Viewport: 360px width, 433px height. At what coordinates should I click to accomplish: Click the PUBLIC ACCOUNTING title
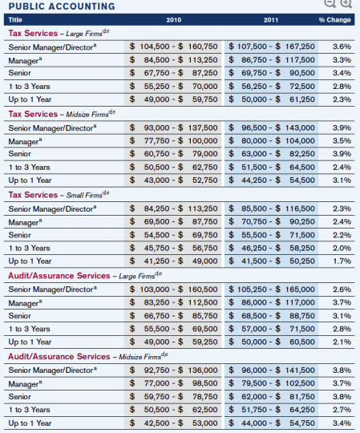[61, 6]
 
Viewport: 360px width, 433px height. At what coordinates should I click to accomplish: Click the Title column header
[15, 19]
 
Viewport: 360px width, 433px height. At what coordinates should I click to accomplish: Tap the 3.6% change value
[341, 47]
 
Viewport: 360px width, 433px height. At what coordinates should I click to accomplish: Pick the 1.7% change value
[341, 261]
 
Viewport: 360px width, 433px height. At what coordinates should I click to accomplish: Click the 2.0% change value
[341, 249]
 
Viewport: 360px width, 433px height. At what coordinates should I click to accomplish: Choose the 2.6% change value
[341, 289]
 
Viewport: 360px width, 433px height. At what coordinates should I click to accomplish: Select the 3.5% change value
[341, 141]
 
